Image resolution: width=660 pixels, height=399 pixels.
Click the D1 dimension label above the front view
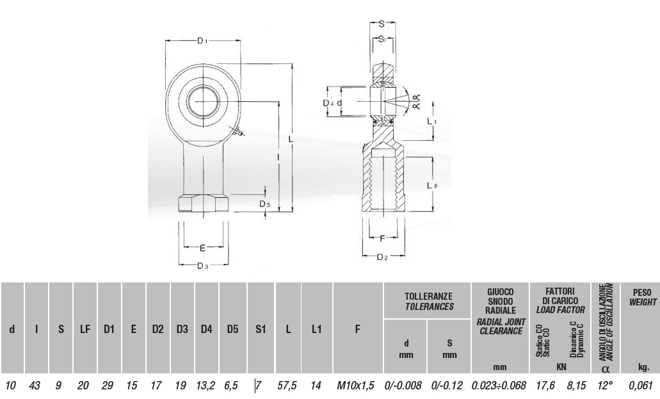pos(202,40)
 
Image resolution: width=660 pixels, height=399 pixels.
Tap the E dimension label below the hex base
pos(202,248)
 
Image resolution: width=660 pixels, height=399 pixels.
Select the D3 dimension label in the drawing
pos(203,265)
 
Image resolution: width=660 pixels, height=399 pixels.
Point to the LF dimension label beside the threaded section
pos(432,185)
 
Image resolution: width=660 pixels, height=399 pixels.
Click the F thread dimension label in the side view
pos(382,239)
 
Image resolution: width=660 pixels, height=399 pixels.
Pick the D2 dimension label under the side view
pos(382,257)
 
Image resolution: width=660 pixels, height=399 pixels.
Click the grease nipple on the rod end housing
pos(238,132)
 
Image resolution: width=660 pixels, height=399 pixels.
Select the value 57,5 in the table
pos(287,386)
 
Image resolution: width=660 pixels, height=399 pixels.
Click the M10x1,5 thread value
pos(355,386)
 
